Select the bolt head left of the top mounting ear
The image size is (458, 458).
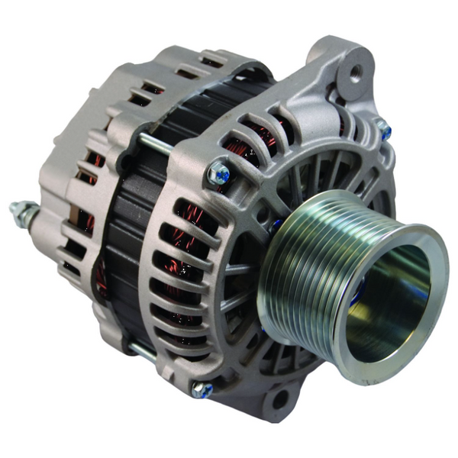coord(218,174)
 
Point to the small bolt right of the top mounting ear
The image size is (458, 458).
coord(383,130)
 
